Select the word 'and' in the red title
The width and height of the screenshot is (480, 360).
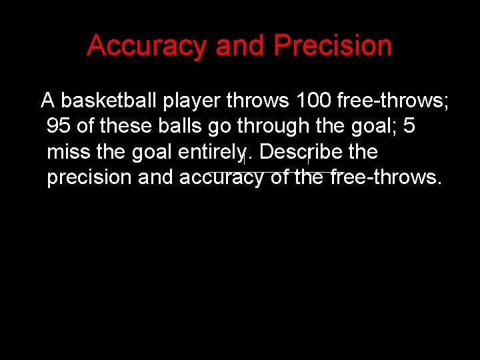coord(240,46)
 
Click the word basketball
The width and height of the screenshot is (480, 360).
coord(109,101)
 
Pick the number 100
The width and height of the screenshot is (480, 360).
coord(313,101)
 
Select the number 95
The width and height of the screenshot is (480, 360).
coord(59,126)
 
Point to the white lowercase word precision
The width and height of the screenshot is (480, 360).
coord(89,178)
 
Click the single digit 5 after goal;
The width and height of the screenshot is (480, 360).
coord(408,126)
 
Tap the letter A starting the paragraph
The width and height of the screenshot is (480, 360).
coord(47,101)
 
